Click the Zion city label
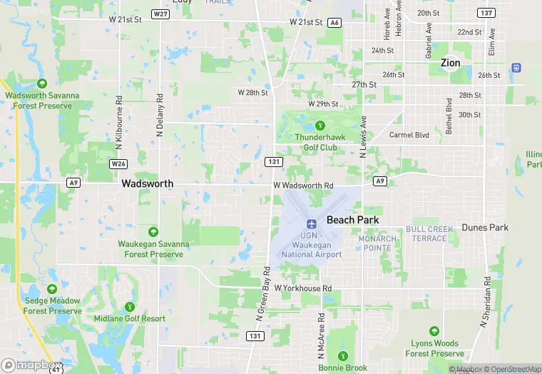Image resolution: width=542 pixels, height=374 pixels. [450, 63]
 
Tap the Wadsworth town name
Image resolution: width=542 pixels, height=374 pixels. [147, 183]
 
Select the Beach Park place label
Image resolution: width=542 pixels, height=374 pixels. [352, 220]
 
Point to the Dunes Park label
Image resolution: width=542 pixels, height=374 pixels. [485, 228]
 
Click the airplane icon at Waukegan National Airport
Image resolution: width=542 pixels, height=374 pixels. [311, 224]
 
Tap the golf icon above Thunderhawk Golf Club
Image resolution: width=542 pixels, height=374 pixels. [319, 126]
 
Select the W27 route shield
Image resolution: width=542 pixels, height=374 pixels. [160, 14]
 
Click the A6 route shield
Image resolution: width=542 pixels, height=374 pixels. [334, 23]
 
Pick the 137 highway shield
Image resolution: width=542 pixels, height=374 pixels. [487, 14]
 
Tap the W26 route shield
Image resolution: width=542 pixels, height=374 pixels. [118, 163]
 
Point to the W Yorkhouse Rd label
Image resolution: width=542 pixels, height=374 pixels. [302, 288]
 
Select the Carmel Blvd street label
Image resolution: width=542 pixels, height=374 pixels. [409, 135]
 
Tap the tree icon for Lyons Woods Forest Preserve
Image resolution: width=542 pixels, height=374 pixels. [434, 331]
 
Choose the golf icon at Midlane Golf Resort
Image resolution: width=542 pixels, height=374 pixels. [129, 307]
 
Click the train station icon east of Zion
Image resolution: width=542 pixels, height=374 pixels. [516, 68]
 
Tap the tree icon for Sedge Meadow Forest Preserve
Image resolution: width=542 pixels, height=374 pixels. [52, 289]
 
